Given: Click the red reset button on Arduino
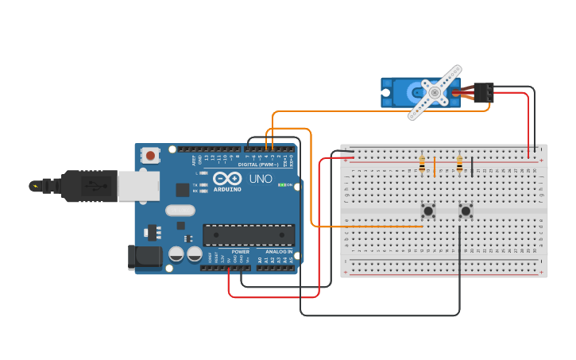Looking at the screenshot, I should (151, 156).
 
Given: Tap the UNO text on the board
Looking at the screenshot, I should (261, 179).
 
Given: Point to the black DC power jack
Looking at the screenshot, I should (145, 257).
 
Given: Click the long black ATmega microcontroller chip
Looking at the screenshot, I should (248, 235).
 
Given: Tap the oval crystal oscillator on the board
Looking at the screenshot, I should (180, 211).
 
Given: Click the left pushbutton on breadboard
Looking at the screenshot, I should (428, 211).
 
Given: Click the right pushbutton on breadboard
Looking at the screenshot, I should (466, 211).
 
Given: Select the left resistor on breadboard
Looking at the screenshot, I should (422, 165).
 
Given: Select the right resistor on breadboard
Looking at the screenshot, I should (460, 165).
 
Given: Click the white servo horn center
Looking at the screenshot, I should (435, 93).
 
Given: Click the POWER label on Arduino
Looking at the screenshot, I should (240, 251).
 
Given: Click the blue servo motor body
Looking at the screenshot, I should (401, 93).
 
